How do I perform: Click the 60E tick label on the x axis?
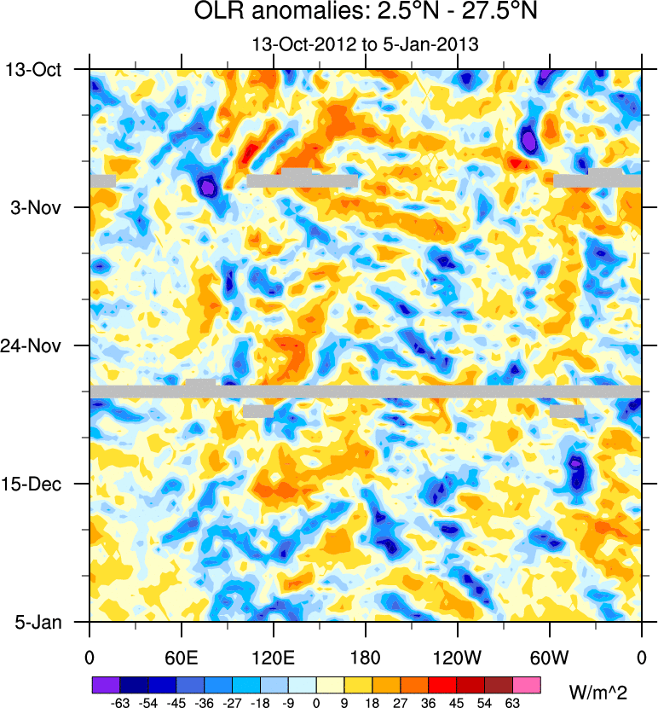(x=182, y=657)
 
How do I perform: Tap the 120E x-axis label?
(x=274, y=657)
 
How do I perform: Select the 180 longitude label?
(x=366, y=657)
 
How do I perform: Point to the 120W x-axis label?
(x=458, y=657)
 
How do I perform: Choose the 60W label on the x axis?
(x=550, y=657)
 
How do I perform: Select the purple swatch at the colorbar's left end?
(x=106, y=684)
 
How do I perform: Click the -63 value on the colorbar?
(x=119, y=701)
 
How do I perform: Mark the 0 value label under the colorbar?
(x=316, y=701)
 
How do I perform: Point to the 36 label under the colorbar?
(x=429, y=701)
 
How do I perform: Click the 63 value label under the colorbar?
(x=513, y=701)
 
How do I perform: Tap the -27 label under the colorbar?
(x=232, y=701)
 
